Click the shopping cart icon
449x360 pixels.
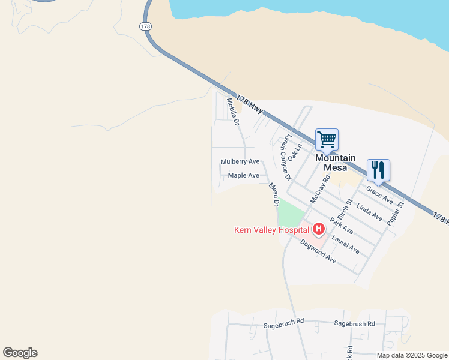coord(327,140)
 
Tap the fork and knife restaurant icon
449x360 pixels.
coord(378,170)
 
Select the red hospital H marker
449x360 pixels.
coord(318,229)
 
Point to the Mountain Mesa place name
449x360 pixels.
coord(336,163)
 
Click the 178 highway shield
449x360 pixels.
coord(145,26)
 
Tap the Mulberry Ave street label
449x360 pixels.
coord(240,162)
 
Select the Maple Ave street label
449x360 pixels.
coord(244,176)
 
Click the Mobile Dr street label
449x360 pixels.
coord(233,111)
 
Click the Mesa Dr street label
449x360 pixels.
coord(274,195)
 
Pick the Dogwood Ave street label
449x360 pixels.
coord(318,251)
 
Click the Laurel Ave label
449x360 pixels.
coord(345,244)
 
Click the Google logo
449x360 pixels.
coord(20,353)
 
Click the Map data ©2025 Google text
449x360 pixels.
coord(412,355)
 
